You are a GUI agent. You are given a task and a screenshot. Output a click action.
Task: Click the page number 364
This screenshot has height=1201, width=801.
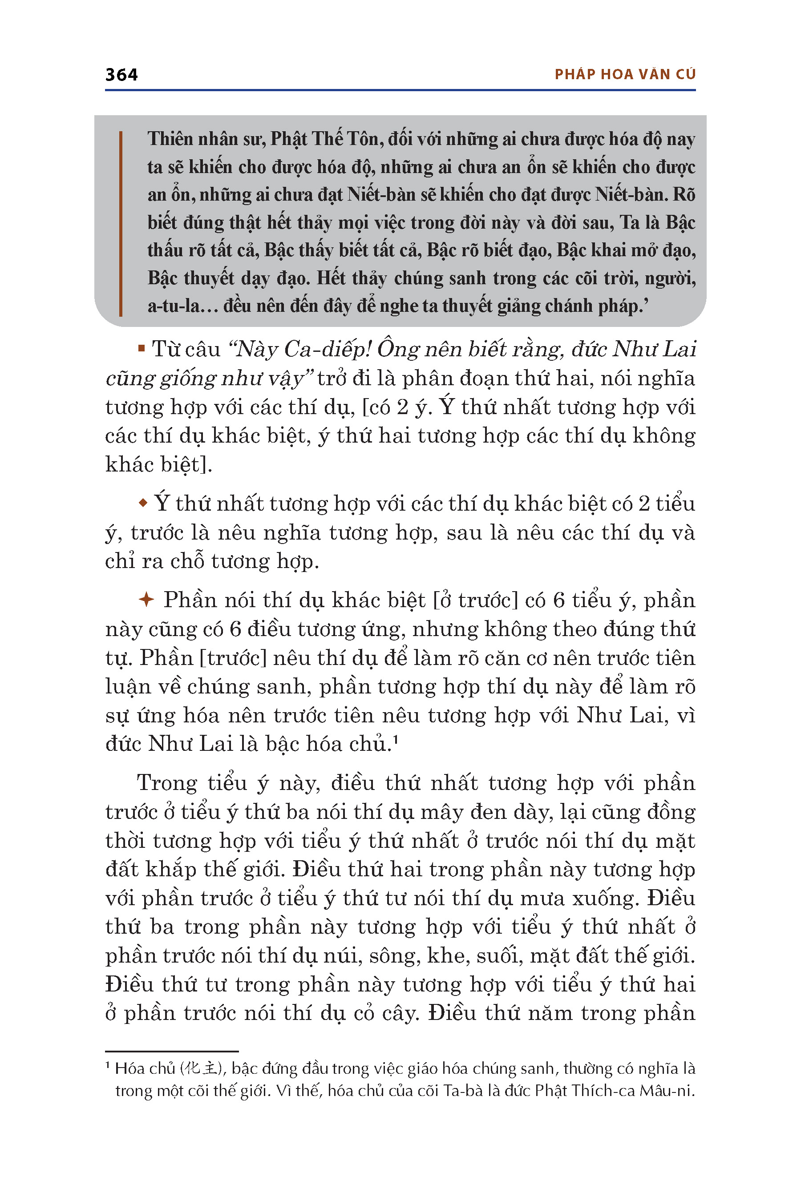121,75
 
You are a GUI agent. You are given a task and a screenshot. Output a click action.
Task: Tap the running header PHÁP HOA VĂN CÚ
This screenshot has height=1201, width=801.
625,75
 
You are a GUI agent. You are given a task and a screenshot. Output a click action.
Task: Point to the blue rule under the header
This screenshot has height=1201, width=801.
400,90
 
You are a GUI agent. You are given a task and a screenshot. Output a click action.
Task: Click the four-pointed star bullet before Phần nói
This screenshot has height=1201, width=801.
146,600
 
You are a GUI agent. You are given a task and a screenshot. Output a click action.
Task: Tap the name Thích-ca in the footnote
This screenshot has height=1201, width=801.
602,1091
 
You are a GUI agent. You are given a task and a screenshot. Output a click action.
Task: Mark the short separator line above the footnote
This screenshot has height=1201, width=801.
172,1052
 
